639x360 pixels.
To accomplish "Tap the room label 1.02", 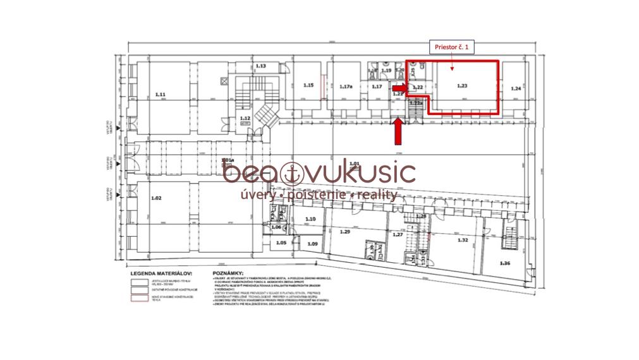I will pos(157,198).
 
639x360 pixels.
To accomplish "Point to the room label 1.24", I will pos(516,88).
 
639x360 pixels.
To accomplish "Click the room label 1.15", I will pos(308,85).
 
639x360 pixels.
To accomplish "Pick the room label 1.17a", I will pos(346,87).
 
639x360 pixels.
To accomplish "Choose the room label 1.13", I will pos(261,66).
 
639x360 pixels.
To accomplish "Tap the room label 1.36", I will pos(504,262).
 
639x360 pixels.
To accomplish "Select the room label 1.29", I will pos(344,232).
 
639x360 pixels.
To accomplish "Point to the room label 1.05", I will pos(281,243).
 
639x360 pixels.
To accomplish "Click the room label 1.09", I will pos(312,244).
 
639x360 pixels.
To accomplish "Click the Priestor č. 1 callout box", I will pos(451,46).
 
